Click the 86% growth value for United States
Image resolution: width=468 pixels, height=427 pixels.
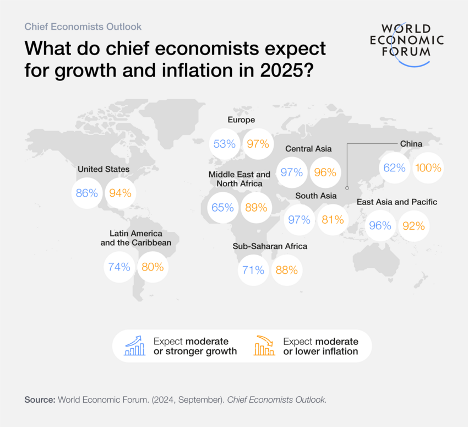tap(87, 193)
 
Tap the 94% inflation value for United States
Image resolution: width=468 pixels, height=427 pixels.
tap(120, 193)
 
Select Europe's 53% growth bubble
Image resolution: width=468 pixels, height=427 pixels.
tap(225, 144)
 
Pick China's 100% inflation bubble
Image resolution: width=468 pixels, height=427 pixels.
tap(428, 167)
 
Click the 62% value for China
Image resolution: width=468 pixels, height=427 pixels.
tap(394, 167)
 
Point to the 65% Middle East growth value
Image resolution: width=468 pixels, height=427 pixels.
tap(223, 208)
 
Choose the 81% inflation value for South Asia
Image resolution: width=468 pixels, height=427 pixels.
tap(333, 219)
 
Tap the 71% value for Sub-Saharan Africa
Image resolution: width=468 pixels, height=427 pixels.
tap(253, 270)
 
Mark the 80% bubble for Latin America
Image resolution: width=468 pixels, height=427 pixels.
tap(153, 267)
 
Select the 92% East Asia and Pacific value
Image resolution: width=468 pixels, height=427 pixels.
tap(413, 225)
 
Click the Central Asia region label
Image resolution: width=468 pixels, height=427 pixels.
tap(308, 149)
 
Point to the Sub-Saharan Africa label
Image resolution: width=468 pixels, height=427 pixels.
tap(270, 246)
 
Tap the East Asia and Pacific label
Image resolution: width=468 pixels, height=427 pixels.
tap(397, 202)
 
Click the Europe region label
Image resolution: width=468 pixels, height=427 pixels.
tap(241, 120)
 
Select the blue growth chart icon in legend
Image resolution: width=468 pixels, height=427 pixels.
tap(135, 346)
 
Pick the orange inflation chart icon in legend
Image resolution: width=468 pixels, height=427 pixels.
tap(264, 346)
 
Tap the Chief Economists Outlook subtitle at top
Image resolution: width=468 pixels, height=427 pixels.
tap(83, 26)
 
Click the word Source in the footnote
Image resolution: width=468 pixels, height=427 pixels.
tap(40, 400)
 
